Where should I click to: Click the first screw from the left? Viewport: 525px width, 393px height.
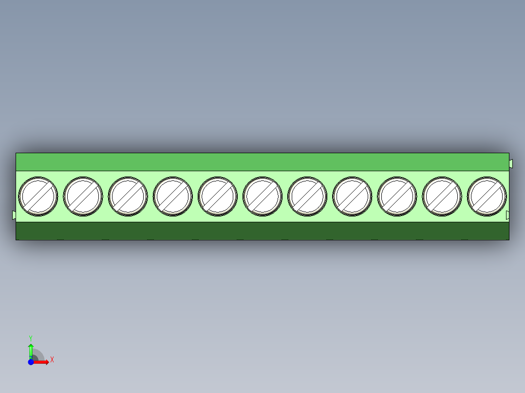pyautogui.click(x=38, y=196)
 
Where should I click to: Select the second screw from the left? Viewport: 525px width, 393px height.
pyautogui.click(x=83, y=196)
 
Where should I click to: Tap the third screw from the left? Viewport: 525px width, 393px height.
pyautogui.click(x=128, y=196)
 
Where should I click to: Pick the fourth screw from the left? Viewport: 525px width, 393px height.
pyautogui.click(x=172, y=196)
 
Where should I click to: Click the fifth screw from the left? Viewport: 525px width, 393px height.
pyautogui.click(x=218, y=196)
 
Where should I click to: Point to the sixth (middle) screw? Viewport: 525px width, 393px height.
pyautogui.click(x=262, y=196)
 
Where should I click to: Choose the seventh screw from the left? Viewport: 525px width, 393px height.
pyautogui.click(x=307, y=196)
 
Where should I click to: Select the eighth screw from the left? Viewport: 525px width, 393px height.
pyautogui.click(x=352, y=196)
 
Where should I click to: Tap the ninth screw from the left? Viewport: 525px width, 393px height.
pyautogui.click(x=397, y=196)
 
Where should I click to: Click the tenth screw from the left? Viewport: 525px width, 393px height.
pyautogui.click(x=442, y=196)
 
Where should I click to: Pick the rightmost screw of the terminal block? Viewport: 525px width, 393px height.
pyautogui.click(x=487, y=196)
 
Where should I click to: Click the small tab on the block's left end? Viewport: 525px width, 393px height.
pyautogui.click(x=14, y=214)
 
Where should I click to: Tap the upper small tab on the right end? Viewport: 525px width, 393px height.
pyautogui.click(x=511, y=163)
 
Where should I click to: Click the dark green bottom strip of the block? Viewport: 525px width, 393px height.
pyautogui.click(x=262, y=231)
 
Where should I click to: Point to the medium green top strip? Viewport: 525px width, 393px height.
pyautogui.click(x=262, y=161)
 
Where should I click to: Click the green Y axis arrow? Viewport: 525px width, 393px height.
pyautogui.click(x=31, y=349)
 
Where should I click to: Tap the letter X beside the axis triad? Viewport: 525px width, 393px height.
pyautogui.click(x=52, y=360)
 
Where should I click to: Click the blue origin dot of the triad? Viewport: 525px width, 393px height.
pyautogui.click(x=31, y=362)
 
